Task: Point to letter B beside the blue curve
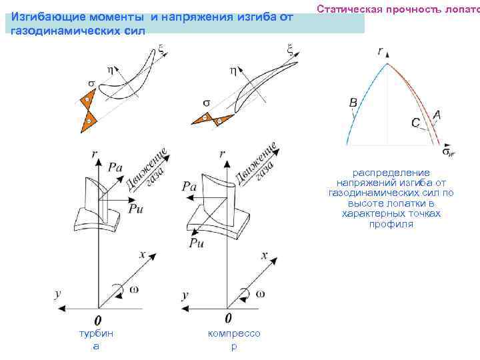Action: [x=353, y=102]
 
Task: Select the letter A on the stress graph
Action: [x=437, y=115]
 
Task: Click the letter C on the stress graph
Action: [x=415, y=123]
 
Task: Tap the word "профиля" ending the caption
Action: [x=391, y=224]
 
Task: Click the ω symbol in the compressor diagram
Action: [x=260, y=294]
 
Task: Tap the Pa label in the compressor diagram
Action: [x=189, y=187]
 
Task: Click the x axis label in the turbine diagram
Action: [x=142, y=255]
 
